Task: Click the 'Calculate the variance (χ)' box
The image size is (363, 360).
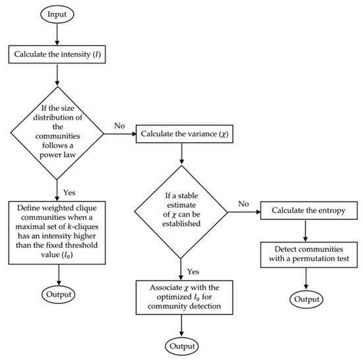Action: [x=182, y=135]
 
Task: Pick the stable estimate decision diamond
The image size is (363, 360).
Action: [x=182, y=211]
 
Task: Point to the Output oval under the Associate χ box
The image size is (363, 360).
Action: [x=182, y=345]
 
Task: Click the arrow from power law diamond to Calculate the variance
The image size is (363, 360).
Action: [x=120, y=135]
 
